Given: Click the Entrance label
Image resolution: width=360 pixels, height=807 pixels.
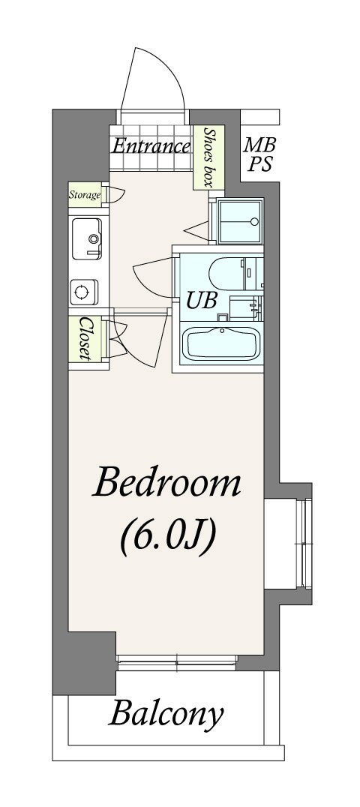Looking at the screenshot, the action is [x=151, y=147].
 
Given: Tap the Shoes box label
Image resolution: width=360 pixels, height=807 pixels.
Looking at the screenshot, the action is [x=208, y=157].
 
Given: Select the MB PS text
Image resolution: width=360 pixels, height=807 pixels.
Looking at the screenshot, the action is [x=260, y=154].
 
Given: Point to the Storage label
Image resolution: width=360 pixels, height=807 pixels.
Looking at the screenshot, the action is [x=85, y=195].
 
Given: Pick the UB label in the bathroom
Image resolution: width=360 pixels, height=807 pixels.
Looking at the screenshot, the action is [x=201, y=301].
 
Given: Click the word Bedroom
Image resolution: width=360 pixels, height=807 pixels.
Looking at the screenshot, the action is [x=166, y=482].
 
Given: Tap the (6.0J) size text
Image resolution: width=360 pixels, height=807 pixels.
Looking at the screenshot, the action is [x=167, y=538].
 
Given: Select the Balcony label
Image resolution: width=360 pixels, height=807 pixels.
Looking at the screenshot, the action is [x=166, y=714].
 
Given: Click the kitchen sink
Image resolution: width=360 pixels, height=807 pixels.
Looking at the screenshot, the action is [x=86, y=238].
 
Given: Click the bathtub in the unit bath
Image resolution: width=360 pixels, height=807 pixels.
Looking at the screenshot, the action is [x=222, y=343].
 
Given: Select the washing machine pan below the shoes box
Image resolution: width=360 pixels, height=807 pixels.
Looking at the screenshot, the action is [x=240, y=222].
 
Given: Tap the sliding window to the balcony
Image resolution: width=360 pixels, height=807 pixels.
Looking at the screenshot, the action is [x=177, y=662].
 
